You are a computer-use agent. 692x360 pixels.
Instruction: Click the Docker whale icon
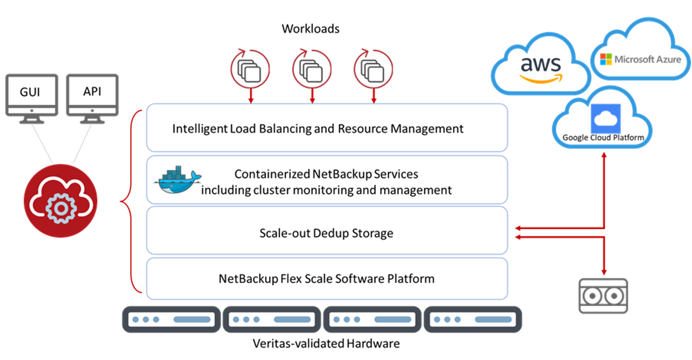177,181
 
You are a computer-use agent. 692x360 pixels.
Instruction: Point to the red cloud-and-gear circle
60,200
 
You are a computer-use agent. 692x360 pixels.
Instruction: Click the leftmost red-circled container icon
250,69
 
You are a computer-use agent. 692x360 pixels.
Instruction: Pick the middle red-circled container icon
312,69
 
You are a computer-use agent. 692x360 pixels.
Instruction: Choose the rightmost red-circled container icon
374,69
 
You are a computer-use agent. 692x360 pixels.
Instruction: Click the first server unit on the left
171,320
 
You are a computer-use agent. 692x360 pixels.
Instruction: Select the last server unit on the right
473,320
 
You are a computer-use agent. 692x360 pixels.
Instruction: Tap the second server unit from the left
272,320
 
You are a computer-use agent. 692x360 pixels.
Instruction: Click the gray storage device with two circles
603,296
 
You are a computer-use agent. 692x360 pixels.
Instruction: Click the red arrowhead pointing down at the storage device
604,272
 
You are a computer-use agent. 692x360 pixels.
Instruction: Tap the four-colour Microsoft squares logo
606,59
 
